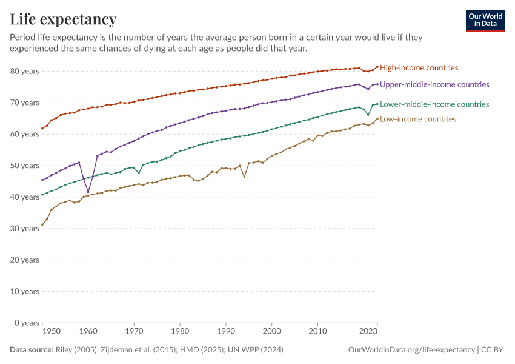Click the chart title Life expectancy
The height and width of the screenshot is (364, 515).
pos(63,19)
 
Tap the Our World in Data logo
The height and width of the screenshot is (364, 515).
pos(485,21)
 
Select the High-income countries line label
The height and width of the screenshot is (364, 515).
pos(419,68)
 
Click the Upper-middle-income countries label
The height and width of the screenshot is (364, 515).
pos(434,84)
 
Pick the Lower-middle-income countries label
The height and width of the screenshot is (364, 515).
pos(434,104)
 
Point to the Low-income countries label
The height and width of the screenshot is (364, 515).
pos(418,119)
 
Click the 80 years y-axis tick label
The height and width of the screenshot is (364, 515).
pos(25,72)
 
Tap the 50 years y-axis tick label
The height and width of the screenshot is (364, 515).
pos(25,166)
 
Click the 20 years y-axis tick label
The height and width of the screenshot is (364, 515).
pos(25,260)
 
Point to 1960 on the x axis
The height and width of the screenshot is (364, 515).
pos(88,331)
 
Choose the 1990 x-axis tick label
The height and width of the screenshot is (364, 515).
pos(225,331)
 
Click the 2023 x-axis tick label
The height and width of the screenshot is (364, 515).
pos(368,331)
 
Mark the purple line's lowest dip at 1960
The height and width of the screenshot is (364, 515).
pos(88,192)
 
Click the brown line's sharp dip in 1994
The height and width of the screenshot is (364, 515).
pos(244,177)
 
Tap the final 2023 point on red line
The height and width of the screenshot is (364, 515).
pos(377,67)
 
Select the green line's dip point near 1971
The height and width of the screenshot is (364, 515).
pos(139,173)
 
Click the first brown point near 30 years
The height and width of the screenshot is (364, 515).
pos(42,225)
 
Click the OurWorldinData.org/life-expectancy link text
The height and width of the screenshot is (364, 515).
pos(411,350)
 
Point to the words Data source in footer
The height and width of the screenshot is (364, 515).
pos(32,350)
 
